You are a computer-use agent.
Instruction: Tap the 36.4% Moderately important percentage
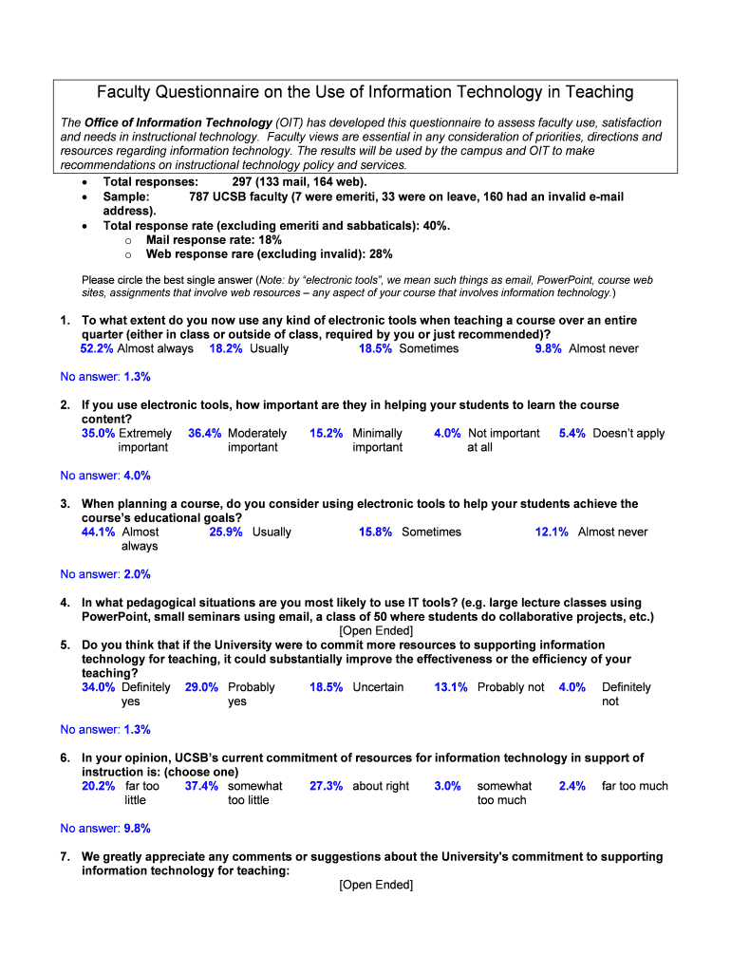point(205,433)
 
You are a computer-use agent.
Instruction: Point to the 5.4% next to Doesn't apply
point(572,433)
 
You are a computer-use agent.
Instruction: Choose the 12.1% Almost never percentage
point(552,532)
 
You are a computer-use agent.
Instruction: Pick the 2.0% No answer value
point(137,574)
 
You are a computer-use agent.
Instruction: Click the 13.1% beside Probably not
point(451,687)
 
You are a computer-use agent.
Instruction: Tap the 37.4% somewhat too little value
point(201,786)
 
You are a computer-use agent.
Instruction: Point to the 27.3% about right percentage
point(326,786)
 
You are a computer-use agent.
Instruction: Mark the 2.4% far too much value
point(572,786)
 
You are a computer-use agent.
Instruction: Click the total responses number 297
point(244,182)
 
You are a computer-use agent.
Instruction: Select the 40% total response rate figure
point(436,226)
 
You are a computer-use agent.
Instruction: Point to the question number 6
point(65,757)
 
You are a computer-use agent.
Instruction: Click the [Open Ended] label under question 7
point(376,885)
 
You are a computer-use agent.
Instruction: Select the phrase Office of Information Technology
point(178,122)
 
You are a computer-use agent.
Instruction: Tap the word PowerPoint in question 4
point(115,616)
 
